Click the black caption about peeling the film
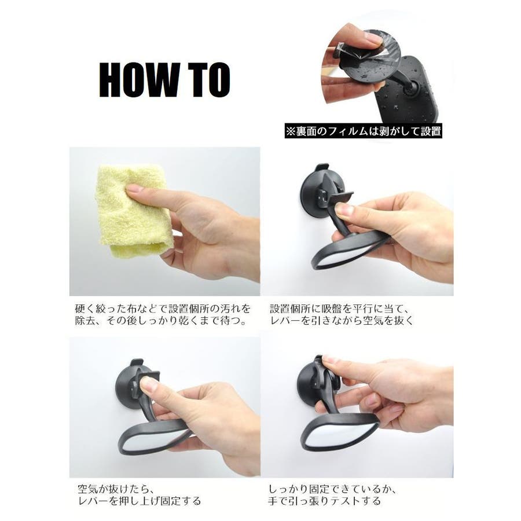(x=364, y=131)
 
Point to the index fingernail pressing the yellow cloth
(x=134, y=189)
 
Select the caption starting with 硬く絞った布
(x=163, y=315)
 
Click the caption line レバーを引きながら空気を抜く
(x=342, y=321)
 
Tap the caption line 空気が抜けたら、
(x=116, y=489)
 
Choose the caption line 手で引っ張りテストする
(x=324, y=500)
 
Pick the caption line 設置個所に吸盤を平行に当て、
(x=339, y=309)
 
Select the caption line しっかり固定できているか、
(x=332, y=489)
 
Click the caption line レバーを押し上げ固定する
(x=140, y=500)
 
